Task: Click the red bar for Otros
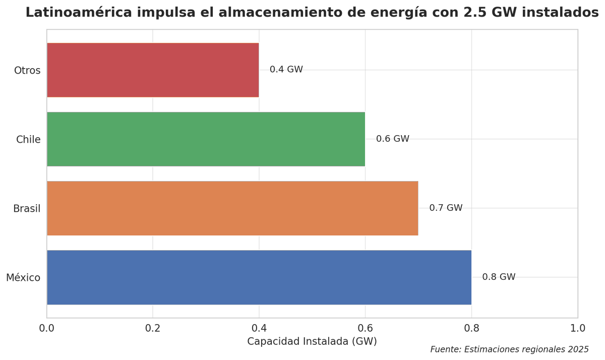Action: pos(153,70)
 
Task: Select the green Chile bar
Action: pos(206,139)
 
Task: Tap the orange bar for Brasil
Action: pos(232,208)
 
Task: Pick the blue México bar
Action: pos(259,277)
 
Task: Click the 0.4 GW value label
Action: pos(286,70)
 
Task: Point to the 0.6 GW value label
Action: pos(392,139)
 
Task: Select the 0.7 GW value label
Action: pos(446,208)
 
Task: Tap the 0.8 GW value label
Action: pos(499,277)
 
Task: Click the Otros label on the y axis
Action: pos(27,71)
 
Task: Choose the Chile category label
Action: pos(28,140)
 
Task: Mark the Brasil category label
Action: pos(27,209)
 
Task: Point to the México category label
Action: pos(23,277)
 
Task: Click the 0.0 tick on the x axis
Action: pos(47,328)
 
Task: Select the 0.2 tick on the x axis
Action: pos(153,328)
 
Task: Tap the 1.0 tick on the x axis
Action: pos(577,328)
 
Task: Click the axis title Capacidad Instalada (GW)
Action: pos(312,341)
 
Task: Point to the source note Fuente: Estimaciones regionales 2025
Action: pos(509,349)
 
